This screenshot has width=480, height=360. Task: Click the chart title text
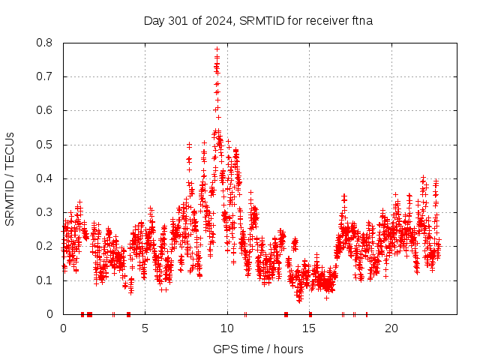coord(258,20)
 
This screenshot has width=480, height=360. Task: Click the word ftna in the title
coord(360,20)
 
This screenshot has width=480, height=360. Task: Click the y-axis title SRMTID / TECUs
coord(10,178)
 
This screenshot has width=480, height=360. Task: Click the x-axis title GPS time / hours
coord(258,349)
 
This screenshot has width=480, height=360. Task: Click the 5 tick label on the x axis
coord(145,328)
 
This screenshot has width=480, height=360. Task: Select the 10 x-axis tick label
coord(227,328)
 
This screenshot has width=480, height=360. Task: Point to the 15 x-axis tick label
coord(310,328)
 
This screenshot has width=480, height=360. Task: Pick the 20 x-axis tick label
coord(391,328)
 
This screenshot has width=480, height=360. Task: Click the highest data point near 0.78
coord(217,49)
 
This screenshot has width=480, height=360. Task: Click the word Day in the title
coord(154,20)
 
